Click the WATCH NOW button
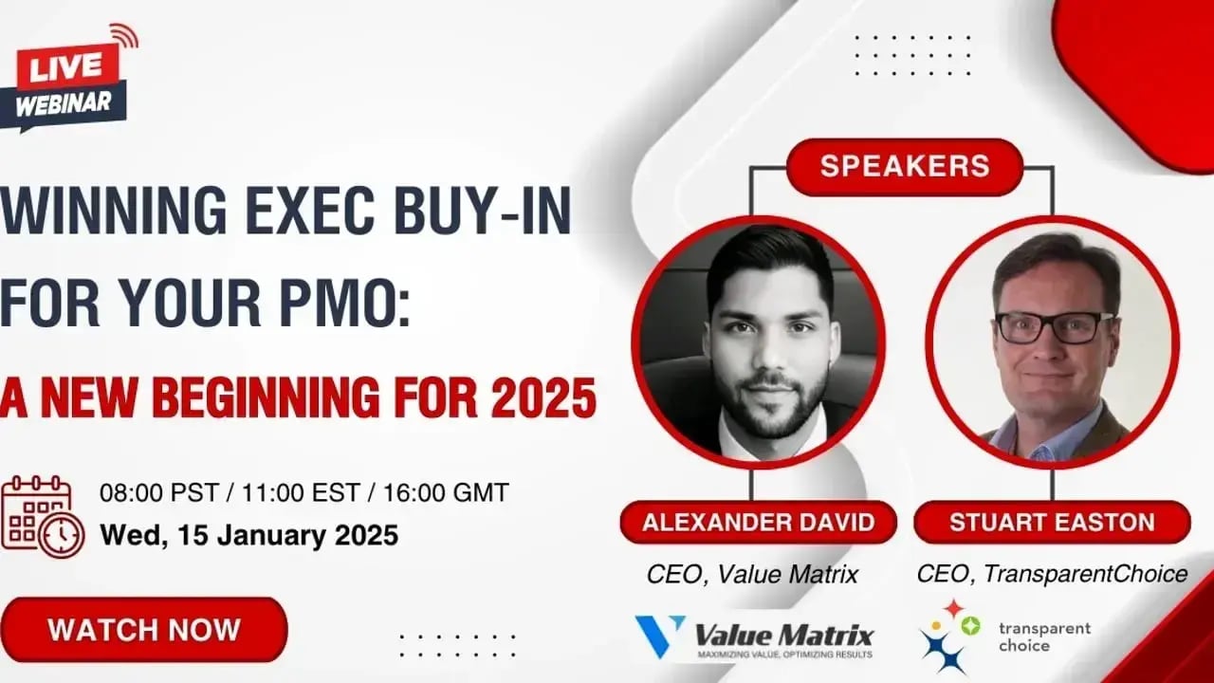pyautogui.click(x=143, y=630)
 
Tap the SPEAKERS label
pyautogui.click(x=905, y=166)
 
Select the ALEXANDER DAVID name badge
pyautogui.click(x=758, y=522)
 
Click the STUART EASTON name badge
pyautogui.click(x=1052, y=522)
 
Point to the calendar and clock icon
pyautogui.click(x=43, y=517)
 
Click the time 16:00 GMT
pyautogui.click(x=446, y=492)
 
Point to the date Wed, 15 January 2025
pyautogui.click(x=249, y=535)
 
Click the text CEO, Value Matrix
pyautogui.click(x=752, y=575)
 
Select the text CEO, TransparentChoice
pyautogui.click(x=1052, y=574)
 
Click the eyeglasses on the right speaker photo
pyautogui.click(x=1054, y=328)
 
